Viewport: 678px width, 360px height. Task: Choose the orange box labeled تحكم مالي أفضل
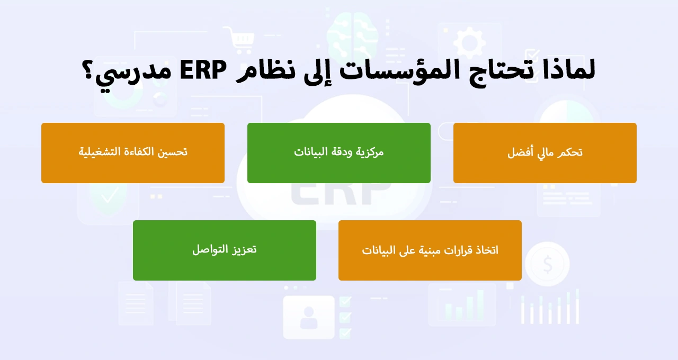545,153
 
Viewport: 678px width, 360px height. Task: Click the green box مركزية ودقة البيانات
338,153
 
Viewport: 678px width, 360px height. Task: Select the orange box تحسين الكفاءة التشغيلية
132,153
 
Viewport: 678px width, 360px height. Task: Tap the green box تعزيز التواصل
224,250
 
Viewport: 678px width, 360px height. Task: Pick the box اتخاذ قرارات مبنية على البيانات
430,250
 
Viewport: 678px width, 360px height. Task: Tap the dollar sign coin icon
547,263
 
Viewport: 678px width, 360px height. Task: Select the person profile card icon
308,317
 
